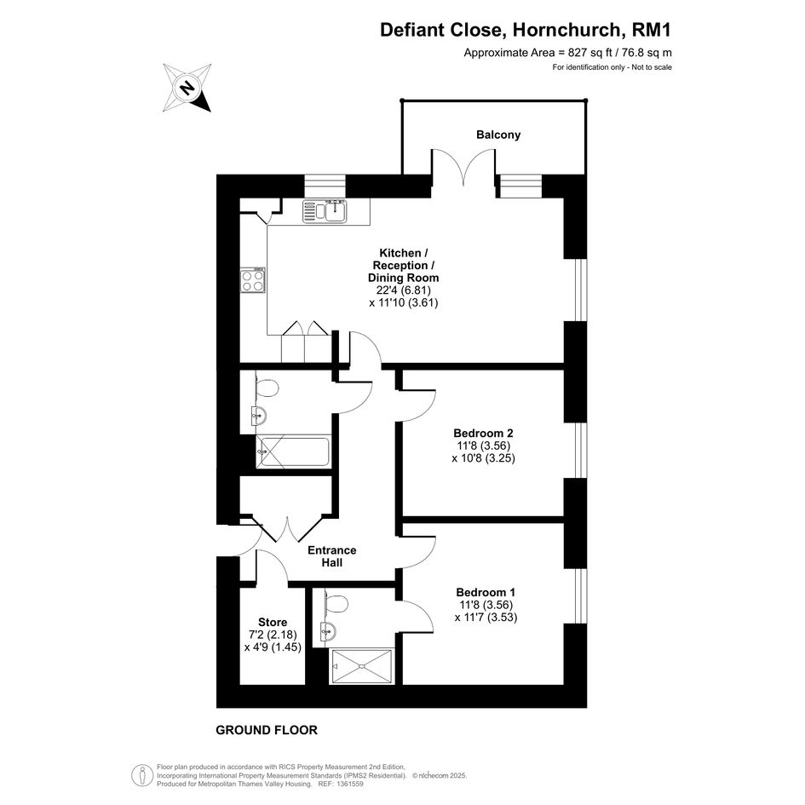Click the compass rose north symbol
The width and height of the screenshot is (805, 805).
187,88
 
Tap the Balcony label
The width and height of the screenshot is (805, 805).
498,135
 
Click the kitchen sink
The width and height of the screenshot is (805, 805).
325,211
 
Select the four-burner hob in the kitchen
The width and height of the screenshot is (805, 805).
253,279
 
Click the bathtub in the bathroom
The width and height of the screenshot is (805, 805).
293,451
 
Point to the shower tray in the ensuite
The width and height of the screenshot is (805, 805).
362,666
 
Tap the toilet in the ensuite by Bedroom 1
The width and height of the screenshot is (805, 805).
336,602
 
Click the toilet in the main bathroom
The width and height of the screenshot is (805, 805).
266,387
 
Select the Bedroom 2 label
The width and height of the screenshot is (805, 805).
483,434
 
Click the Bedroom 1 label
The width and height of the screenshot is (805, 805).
486,592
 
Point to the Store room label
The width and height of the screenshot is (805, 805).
273,622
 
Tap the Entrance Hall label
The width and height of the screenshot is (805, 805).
331,556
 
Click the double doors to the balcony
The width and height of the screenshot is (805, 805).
463,167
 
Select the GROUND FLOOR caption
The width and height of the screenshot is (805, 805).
267,730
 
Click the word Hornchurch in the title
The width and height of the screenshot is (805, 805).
567,30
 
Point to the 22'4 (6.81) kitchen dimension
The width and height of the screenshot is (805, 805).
403,290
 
